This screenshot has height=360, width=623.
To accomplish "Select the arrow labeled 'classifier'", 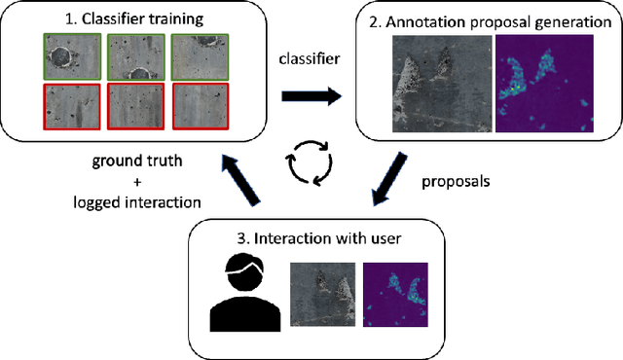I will click(311, 96).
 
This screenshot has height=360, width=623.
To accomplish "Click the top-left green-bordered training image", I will click(69, 57).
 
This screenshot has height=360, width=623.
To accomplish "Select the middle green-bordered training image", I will click(134, 57).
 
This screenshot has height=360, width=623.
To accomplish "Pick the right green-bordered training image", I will click(199, 57).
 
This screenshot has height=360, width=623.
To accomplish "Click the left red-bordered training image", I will click(69, 107).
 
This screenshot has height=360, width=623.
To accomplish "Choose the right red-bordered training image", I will click(199, 107).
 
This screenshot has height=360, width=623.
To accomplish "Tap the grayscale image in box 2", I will click(441, 84).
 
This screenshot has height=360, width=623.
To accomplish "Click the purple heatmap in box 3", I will click(398, 294).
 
